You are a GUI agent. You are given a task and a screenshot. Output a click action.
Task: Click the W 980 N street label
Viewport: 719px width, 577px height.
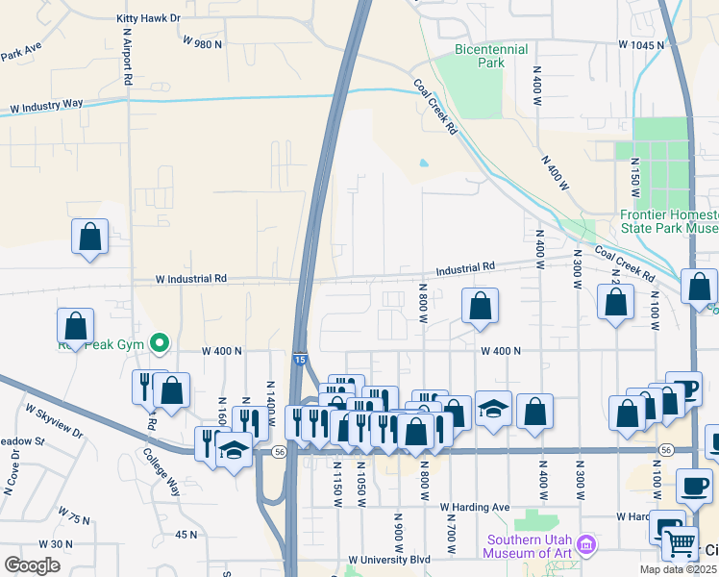[202, 43]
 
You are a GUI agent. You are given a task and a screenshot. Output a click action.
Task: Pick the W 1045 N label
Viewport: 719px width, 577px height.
[641, 45]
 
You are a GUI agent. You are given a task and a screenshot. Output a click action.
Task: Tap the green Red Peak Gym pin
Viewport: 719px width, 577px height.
[161, 341]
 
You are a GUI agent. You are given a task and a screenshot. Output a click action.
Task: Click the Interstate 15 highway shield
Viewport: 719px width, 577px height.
[300, 359]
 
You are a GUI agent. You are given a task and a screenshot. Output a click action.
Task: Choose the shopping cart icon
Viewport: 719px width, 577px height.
[681, 544]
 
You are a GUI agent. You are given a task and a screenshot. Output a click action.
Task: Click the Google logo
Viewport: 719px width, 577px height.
[32, 565]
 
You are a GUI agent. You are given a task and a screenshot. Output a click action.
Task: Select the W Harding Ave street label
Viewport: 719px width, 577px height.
[475, 507]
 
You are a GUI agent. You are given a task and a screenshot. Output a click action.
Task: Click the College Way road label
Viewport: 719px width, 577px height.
[161, 470]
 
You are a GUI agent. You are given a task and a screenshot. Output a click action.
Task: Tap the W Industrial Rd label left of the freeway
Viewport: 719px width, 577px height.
[191, 279]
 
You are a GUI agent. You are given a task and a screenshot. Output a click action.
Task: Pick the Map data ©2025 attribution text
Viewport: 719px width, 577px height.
[679, 569]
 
